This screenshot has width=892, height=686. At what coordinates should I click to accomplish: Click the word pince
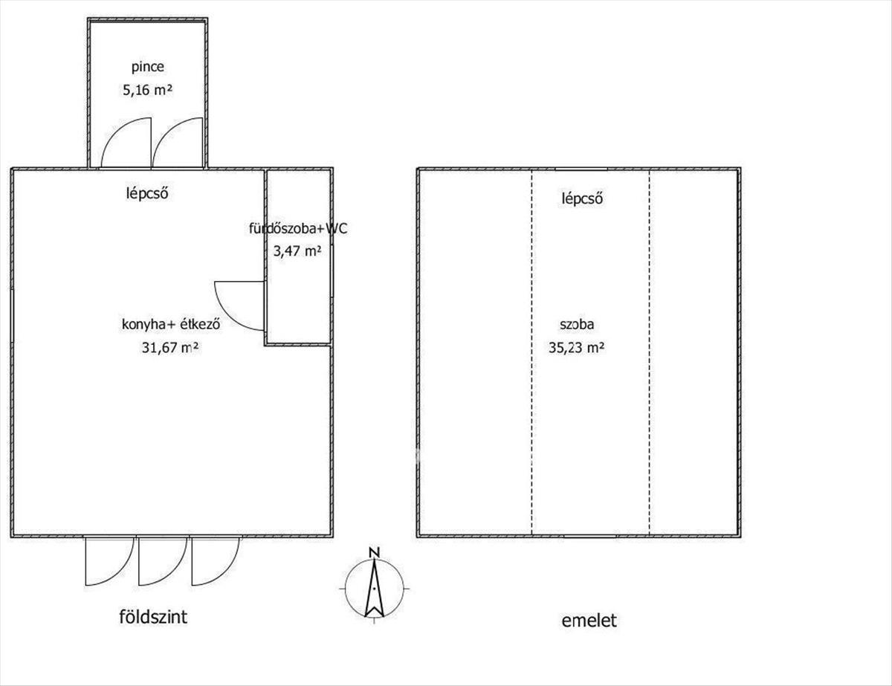pos(148,68)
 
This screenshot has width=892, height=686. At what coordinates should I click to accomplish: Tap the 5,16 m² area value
pos(147,90)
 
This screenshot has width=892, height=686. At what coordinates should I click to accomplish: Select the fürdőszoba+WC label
pos(298,228)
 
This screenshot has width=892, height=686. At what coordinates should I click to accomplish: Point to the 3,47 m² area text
pos(297,250)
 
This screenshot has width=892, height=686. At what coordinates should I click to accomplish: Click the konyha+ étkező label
pos(171,324)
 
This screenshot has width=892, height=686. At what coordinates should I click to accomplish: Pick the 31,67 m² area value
pos(171,348)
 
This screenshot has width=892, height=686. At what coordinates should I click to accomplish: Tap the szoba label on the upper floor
pos(577,324)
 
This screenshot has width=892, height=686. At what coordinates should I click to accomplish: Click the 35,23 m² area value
pos(576,348)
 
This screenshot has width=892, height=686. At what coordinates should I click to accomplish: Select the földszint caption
pos(153,629)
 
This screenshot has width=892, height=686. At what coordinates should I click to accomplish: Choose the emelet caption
pos(589,632)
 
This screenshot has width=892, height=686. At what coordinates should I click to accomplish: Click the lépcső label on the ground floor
pos(147,193)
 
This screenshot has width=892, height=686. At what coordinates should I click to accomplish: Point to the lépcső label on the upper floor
pos(582,198)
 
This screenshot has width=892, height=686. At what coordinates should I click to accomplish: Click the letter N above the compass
pos(374,553)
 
